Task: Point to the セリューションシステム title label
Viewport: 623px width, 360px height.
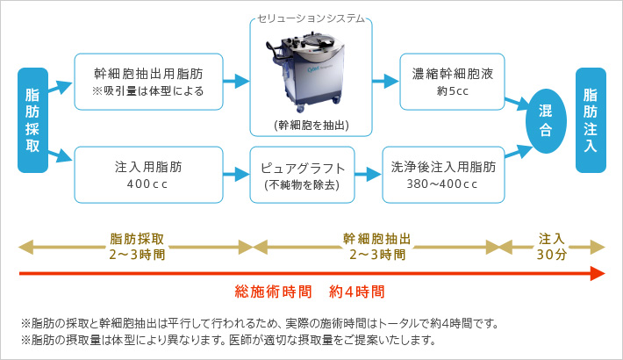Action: [311, 18]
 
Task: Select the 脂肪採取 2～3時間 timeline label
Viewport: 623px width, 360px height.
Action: [136, 247]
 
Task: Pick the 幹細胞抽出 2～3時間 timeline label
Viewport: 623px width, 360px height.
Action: [376, 247]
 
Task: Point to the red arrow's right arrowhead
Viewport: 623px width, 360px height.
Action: [599, 274]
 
